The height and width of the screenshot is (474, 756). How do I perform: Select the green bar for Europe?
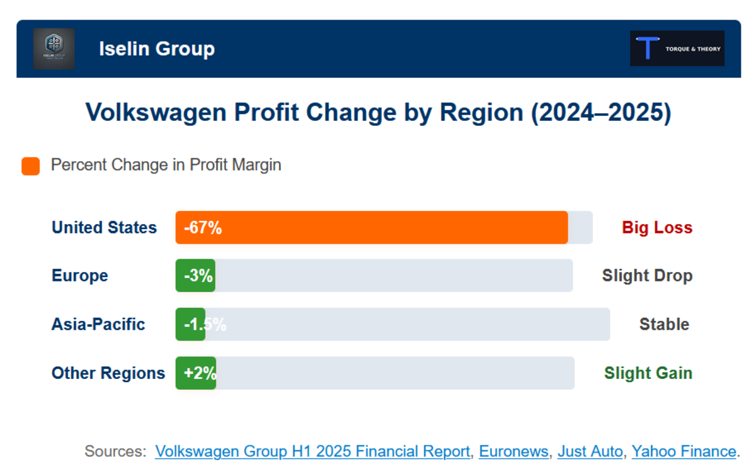(195, 276)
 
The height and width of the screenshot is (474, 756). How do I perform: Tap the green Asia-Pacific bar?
(190, 324)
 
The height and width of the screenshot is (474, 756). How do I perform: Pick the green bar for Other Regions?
(196, 373)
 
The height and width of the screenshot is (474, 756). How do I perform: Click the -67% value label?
(203, 227)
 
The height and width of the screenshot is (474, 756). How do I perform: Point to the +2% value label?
(200, 373)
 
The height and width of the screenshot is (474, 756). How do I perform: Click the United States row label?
(104, 227)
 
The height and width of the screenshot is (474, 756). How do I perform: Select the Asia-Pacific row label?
(98, 324)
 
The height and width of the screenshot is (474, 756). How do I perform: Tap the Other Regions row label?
(108, 373)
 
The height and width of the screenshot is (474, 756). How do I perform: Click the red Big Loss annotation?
(657, 227)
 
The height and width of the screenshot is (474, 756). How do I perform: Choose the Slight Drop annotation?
(647, 276)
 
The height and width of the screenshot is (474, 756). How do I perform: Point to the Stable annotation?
(664, 324)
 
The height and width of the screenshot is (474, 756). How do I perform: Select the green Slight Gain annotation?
(648, 373)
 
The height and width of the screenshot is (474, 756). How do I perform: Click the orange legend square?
(31, 166)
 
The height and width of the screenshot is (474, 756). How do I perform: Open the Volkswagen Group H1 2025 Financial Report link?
(312, 451)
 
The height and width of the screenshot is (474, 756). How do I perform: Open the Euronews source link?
(513, 451)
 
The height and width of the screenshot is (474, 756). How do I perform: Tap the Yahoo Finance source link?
(684, 451)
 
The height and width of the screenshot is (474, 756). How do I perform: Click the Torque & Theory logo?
(677, 48)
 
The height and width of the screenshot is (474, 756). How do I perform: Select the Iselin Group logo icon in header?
(54, 48)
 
